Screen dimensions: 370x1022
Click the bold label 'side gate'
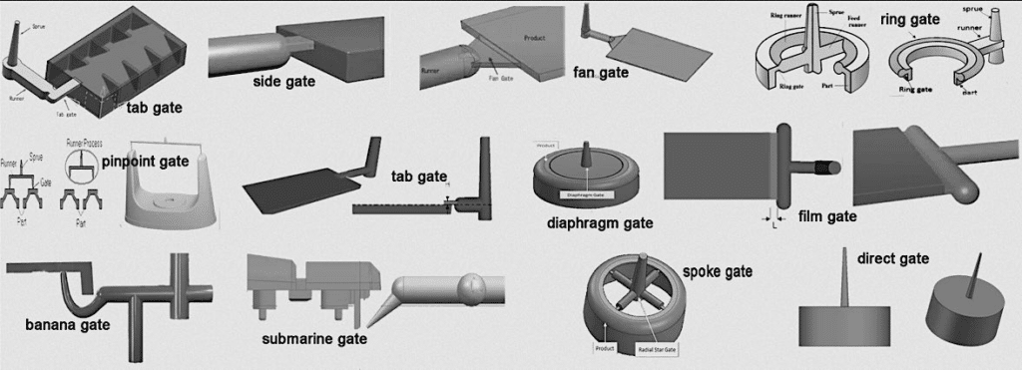[x=281, y=81]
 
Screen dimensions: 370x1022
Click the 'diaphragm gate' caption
[x=596, y=222]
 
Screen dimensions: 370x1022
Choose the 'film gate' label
[x=828, y=215]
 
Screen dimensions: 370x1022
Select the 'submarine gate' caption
[x=314, y=339]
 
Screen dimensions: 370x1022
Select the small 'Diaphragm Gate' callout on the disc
[x=586, y=195]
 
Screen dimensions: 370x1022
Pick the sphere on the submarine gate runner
[x=470, y=291]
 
